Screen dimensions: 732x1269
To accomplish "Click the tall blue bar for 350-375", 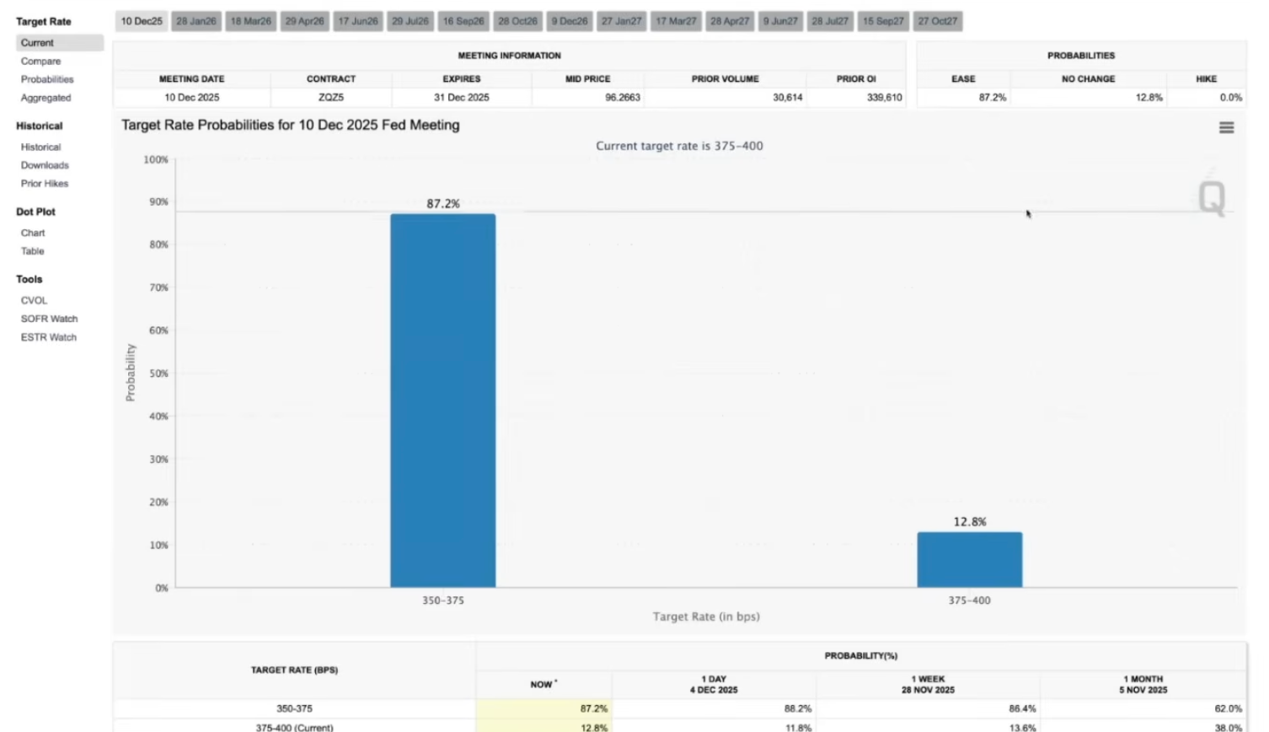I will [442, 401].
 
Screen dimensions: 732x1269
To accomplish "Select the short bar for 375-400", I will [969, 559].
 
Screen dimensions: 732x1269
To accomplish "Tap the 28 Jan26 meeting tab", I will [196, 21].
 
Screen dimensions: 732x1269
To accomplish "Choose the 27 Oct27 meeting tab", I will [938, 21].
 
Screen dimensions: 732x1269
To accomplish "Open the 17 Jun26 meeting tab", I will [358, 21].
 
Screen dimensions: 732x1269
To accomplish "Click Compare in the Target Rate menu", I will [40, 62].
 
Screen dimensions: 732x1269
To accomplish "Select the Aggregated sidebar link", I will [46, 98].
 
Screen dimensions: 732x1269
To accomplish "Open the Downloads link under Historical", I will [45, 165].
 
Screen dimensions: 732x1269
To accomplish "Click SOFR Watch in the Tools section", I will [49, 319].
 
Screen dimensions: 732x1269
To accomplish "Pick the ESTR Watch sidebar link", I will [48, 337].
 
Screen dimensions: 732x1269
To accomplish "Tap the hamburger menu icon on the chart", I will [1226, 127].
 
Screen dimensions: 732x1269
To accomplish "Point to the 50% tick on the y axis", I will [158, 374].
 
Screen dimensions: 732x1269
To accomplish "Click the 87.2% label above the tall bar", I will [443, 203].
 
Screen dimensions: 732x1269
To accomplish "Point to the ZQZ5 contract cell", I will [331, 98].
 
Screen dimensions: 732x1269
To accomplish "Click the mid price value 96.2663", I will [622, 98].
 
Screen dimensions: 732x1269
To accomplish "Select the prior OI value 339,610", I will [884, 98].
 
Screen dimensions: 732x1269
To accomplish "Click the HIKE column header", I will [1206, 79].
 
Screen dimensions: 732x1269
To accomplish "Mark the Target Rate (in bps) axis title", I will [706, 616].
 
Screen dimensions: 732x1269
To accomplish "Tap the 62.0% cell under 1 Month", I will [1228, 709].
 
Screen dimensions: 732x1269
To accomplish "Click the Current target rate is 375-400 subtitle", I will [679, 146].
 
